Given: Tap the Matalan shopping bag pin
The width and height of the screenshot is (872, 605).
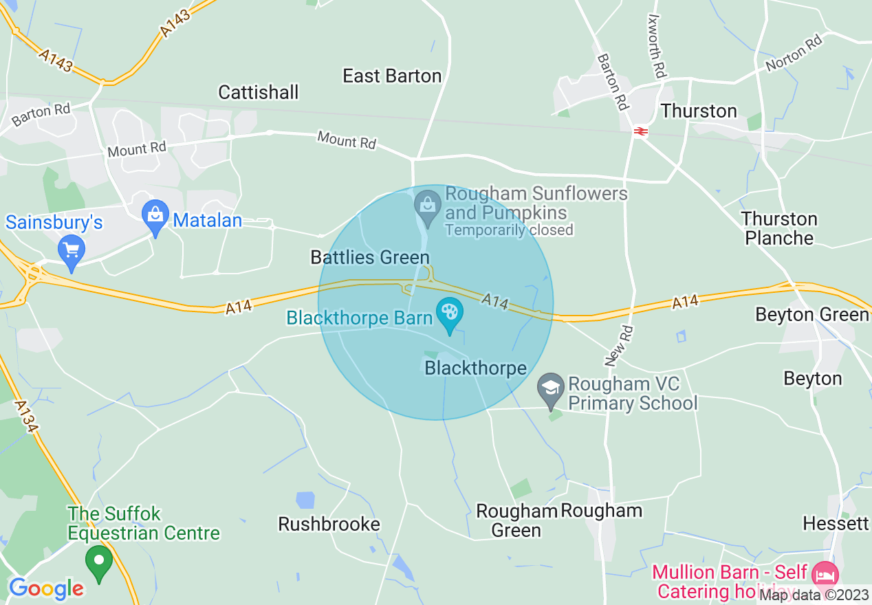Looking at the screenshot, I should click(155, 217).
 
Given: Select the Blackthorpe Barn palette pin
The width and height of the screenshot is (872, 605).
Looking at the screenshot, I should click(450, 314).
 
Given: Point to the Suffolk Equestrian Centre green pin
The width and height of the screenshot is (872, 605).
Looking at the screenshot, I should click(99, 562).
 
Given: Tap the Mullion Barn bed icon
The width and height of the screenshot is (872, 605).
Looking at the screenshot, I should click(824, 573).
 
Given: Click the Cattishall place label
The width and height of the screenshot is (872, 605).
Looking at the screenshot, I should click(259, 92).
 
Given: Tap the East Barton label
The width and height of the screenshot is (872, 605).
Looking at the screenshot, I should click(392, 76).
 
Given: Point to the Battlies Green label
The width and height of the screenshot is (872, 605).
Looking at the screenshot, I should click(370, 258).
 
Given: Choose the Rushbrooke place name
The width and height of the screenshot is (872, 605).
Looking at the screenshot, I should click(329, 524).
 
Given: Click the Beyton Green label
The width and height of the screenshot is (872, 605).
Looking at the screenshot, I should click(811, 315).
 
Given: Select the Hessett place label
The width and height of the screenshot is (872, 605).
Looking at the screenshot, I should click(836, 524).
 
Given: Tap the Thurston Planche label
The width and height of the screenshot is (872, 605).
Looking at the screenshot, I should click(779, 229).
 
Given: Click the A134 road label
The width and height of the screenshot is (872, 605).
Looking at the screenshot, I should click(26, 417).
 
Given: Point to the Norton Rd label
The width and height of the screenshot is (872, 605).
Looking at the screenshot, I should click(794, 53).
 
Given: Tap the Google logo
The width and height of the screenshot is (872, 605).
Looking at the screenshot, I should click(46, 588).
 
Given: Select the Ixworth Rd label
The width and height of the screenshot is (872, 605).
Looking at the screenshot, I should click(657, 47).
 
